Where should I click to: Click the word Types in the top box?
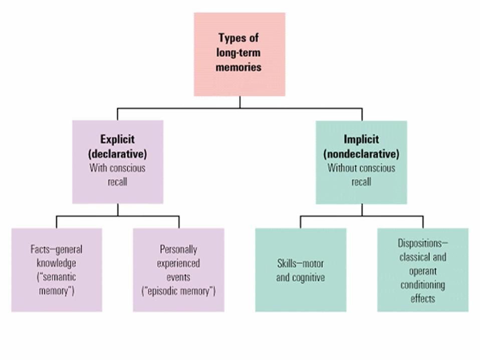pos(231,38)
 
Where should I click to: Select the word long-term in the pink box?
pos(238,52)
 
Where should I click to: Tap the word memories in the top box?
pos(238,67)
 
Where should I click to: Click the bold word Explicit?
pos(118,139)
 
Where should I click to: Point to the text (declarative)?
pos(118,154)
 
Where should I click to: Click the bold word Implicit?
pos(361,139)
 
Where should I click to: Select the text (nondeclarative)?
pos(361,154)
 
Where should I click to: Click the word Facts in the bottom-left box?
pos(40,249)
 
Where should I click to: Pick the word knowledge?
pos(56,263)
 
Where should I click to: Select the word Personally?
pos(178,249)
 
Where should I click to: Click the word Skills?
pos(287,264)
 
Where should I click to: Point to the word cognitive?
pos(308,278)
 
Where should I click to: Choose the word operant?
pos(423,271)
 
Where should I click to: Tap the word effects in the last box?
pos(423,299)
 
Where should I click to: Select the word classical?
pos(413,257)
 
